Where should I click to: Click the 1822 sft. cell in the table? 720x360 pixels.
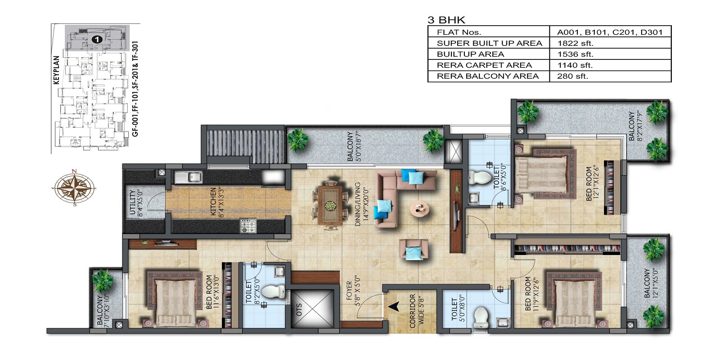(x=575, y=43)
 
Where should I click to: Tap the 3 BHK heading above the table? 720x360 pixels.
(x=446, y=20)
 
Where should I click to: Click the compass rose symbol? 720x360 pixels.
(x=74, y=187)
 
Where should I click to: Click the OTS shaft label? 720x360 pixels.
(x=299, y=310)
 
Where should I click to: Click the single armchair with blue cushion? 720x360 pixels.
(x=413, y=250)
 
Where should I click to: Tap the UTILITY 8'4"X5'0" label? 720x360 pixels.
(x=135, y=203)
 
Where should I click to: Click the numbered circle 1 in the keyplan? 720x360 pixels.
(x=97, y=39)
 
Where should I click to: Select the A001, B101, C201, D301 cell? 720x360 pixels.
(x=609, y=32)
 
